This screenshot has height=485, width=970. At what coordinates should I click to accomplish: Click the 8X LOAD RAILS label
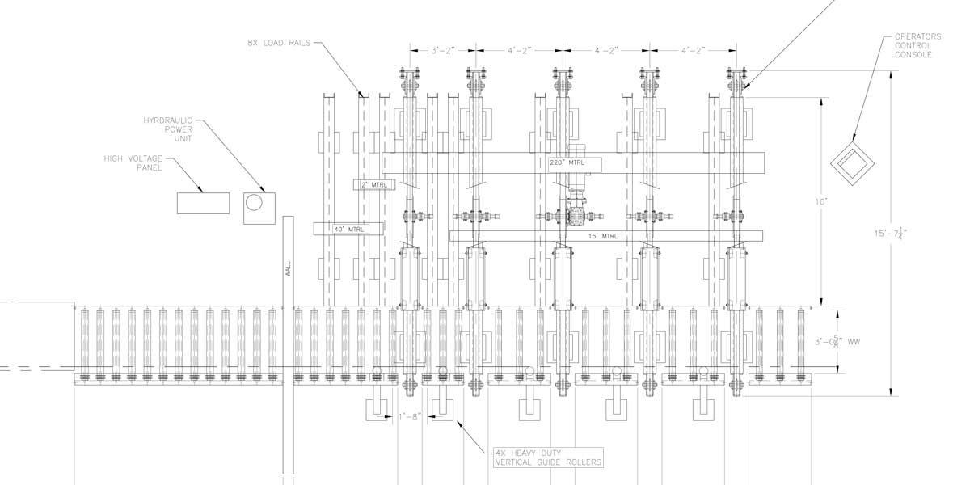[279, 43]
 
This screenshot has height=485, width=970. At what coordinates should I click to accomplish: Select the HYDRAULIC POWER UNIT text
[168, 129]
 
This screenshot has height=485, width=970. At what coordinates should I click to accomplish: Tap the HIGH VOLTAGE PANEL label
[133, 162]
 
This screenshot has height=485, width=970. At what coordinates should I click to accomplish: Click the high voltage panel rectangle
[202, 203]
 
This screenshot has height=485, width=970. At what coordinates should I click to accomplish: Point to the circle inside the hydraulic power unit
[255, 203]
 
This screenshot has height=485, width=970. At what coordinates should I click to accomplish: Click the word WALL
[287, 269]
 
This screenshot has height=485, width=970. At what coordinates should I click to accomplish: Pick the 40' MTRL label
[349, 230]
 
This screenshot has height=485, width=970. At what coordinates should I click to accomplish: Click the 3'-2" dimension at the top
[444, 50]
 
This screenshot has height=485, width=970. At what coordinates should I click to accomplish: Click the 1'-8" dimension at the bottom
[411, 417]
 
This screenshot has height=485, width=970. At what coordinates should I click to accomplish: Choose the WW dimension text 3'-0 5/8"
[847, 343]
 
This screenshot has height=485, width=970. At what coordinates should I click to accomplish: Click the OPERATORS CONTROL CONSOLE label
[913, 46]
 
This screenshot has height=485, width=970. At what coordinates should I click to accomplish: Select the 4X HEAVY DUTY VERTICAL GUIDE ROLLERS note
[549, 457]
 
